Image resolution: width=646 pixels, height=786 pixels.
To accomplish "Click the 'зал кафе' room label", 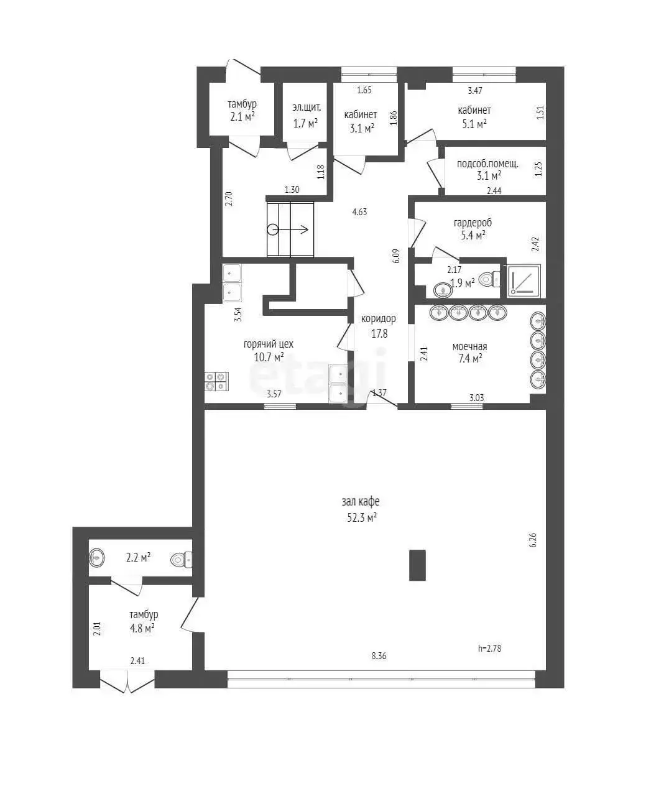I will click(361, 501).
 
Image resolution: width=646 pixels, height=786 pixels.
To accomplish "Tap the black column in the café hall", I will click(417, 565).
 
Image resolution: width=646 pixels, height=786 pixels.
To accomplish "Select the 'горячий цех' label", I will click(268, 344).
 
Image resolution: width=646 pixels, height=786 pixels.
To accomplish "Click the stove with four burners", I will click(216, 381).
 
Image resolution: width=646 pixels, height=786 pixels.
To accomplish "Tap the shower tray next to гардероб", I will click(524, 280).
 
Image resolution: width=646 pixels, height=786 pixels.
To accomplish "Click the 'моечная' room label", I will click(469, 346).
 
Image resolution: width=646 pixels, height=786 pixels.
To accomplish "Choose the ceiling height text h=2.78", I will click(489, 648).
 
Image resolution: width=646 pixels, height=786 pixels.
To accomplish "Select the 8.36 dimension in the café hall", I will click(379, 655).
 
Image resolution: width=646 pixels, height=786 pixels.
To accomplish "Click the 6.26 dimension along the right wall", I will click(532, 539).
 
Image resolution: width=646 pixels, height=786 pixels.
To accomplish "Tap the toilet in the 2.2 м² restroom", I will click(181, 560).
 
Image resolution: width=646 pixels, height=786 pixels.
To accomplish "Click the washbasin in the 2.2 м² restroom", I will click(97, 557).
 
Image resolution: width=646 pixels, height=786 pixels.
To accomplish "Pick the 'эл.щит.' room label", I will click(307, 106).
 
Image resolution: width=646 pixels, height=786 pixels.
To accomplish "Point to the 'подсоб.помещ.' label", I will click(487, 164).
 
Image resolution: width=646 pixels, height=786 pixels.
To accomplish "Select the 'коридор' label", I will click(379, 318).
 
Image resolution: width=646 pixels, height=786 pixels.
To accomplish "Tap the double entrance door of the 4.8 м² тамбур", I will click(127, 683).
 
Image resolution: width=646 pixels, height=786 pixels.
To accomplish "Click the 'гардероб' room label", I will click(473, 222).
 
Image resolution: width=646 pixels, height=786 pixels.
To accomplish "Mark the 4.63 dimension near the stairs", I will click(359, 211).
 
